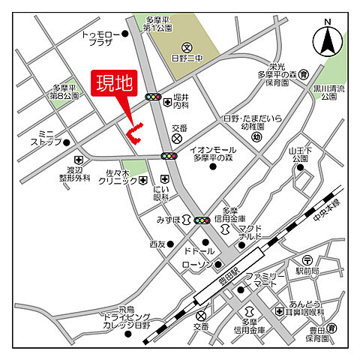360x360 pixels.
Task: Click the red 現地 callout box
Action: (113, 83)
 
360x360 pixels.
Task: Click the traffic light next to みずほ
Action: (202, 220)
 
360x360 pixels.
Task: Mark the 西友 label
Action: (156, 244)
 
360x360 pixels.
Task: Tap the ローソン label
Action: (197, 265)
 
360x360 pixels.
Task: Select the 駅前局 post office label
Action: (307, 271)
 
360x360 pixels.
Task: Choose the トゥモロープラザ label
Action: (97, 37)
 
